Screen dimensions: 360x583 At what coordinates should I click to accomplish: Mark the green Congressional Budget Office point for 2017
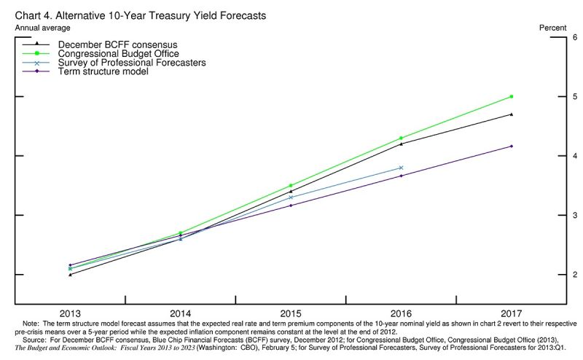[x=512, y=96]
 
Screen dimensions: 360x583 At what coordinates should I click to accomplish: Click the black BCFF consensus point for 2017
[x=512, y=114]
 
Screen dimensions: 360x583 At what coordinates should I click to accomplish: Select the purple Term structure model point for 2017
[x=512, y=146]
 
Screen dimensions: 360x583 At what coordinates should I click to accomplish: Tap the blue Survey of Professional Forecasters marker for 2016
[x=402, y=168]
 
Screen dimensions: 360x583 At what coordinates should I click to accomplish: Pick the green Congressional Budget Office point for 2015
[x=291, y=186]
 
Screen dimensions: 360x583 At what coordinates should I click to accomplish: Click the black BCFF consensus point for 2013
[x=70, y=275]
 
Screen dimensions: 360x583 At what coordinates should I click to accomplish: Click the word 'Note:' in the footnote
[x=31, y=322]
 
